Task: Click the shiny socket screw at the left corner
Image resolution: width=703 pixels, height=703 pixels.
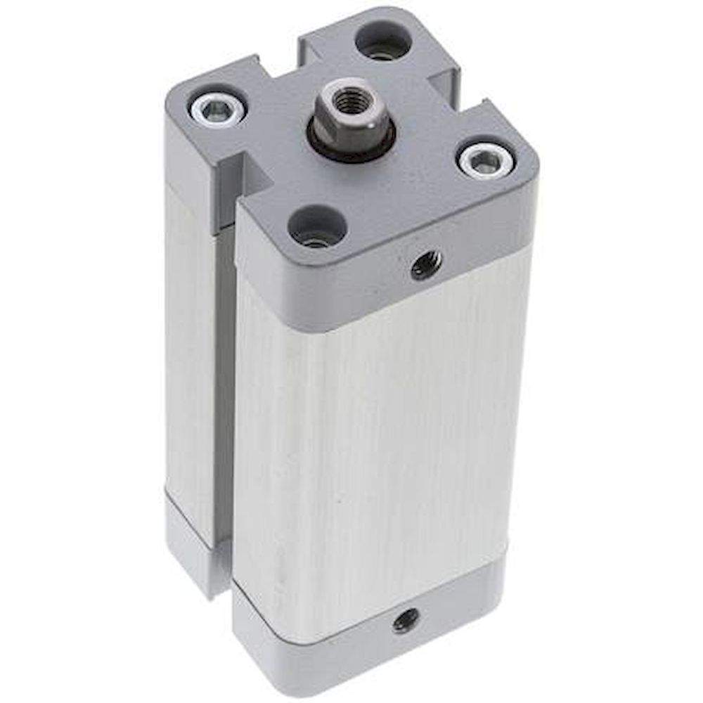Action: click(217, 108)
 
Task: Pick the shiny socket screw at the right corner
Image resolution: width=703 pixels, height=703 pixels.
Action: click(484, 162)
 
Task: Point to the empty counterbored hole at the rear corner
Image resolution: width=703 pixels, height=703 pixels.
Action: click(384, 42)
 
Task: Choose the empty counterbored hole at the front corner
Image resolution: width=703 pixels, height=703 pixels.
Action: click(318, 227)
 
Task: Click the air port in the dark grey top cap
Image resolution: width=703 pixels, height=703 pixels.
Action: click(426, 266)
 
